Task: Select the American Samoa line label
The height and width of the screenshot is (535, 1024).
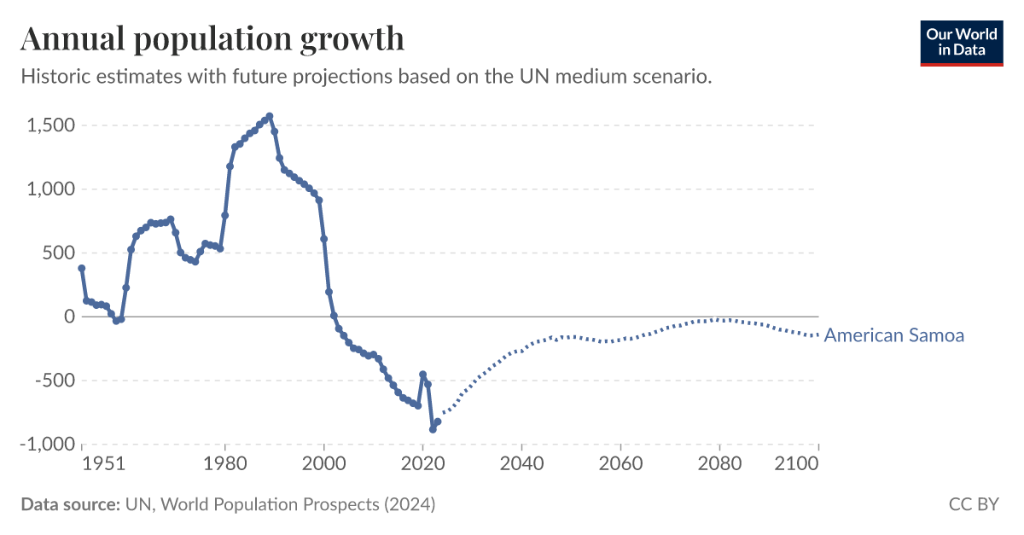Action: (x=893, y=335)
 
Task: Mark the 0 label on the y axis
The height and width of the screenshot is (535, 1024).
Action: (x=69, y=317)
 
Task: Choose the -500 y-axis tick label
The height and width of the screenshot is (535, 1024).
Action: (x=54, y=381)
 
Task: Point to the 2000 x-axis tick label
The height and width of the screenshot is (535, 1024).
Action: (x=324, y=463)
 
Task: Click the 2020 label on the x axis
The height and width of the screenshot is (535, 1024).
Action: (x=423, y=463)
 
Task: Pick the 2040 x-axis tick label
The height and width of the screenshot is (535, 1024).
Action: (x=522, y=463)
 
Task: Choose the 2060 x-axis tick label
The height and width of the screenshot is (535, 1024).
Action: (x=621, y=463)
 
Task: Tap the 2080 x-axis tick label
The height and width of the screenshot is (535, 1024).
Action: (x=720, y=463)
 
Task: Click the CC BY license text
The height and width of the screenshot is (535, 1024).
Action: (x=974, y=504)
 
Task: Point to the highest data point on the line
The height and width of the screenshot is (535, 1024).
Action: (x=270, y=116)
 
